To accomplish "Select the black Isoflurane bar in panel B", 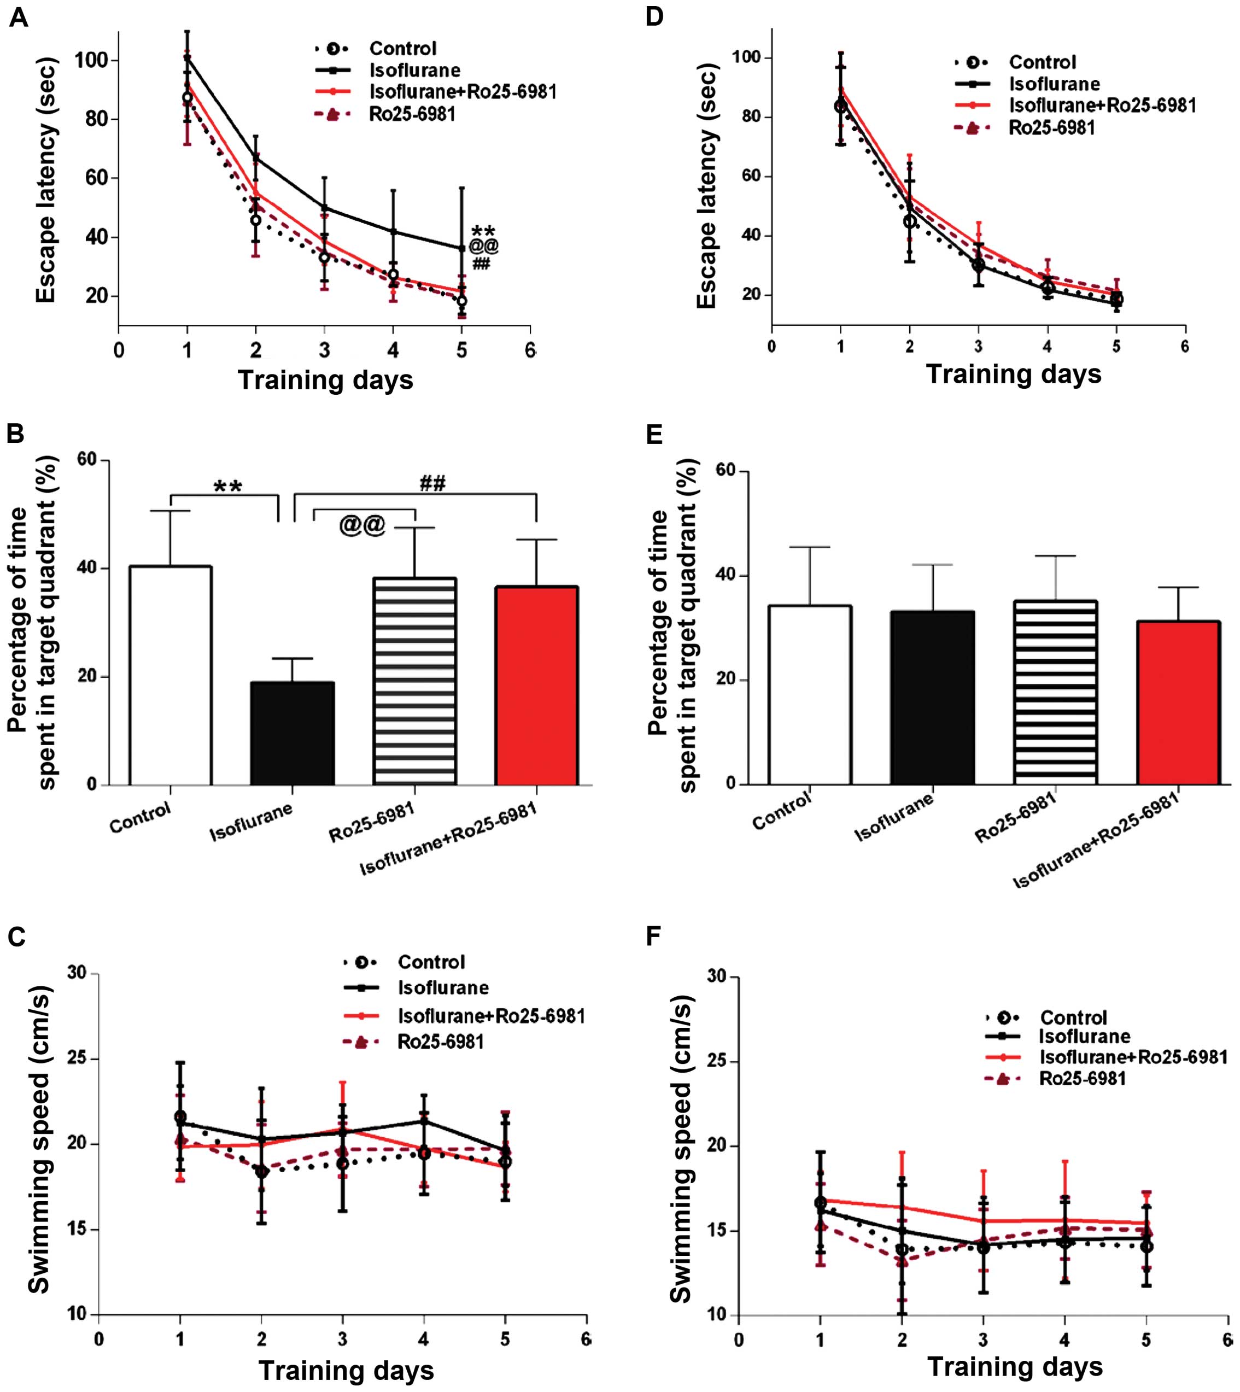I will [x=293, y=733].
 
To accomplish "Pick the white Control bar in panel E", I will [x=810, y=694].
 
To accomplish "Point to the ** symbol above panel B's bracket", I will [x=227, y=487].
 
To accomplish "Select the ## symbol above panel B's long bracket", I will [x=432, y=483].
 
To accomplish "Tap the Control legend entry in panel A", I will [x=402, y=48].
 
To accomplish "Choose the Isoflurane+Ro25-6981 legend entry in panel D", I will [x=1102, y=105].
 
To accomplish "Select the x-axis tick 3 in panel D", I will [x=978, y=346].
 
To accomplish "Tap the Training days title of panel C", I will [x=346, y=1370].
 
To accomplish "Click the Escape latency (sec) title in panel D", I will [x=707, y=185].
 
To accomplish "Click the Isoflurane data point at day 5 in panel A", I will [x=462, y=249].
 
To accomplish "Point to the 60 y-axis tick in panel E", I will [x=731, y=471].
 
